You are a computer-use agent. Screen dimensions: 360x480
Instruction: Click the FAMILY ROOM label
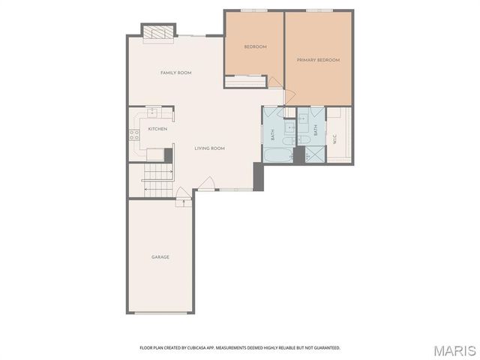pos(176,73)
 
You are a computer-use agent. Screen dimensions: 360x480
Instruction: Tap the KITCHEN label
pos(157,129)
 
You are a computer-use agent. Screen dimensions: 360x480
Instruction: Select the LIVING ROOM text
pos(210,148)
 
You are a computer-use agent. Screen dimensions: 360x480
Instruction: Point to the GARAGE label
pos(160,257)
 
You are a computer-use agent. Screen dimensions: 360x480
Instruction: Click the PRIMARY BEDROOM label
pos(318,60)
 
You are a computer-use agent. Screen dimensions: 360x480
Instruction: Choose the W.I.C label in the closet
pos(334,138)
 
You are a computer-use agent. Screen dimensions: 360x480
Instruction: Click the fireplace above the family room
pos(158,32)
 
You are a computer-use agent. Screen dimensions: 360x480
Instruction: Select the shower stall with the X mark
pos(316,155)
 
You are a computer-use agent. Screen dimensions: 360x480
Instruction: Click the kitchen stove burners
pos(135,136)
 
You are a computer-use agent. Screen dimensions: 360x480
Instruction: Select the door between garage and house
pos(181,202)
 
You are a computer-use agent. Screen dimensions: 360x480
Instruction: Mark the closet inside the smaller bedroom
pos(246,82)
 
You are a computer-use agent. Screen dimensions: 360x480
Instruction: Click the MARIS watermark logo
pos(454,350)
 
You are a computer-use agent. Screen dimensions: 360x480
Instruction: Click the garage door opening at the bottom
pos(160,313)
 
